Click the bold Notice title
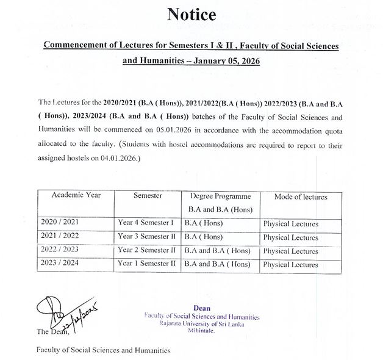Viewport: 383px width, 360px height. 191,13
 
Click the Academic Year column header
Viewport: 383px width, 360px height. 76,195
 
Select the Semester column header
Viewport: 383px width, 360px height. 147,195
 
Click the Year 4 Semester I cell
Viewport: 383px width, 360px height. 146,223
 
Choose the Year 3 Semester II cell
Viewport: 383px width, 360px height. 147,237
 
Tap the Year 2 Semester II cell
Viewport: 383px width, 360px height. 147,250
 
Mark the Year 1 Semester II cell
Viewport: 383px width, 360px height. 147,264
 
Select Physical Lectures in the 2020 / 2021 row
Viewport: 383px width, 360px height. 290,224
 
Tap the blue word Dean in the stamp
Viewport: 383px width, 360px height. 201,308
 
